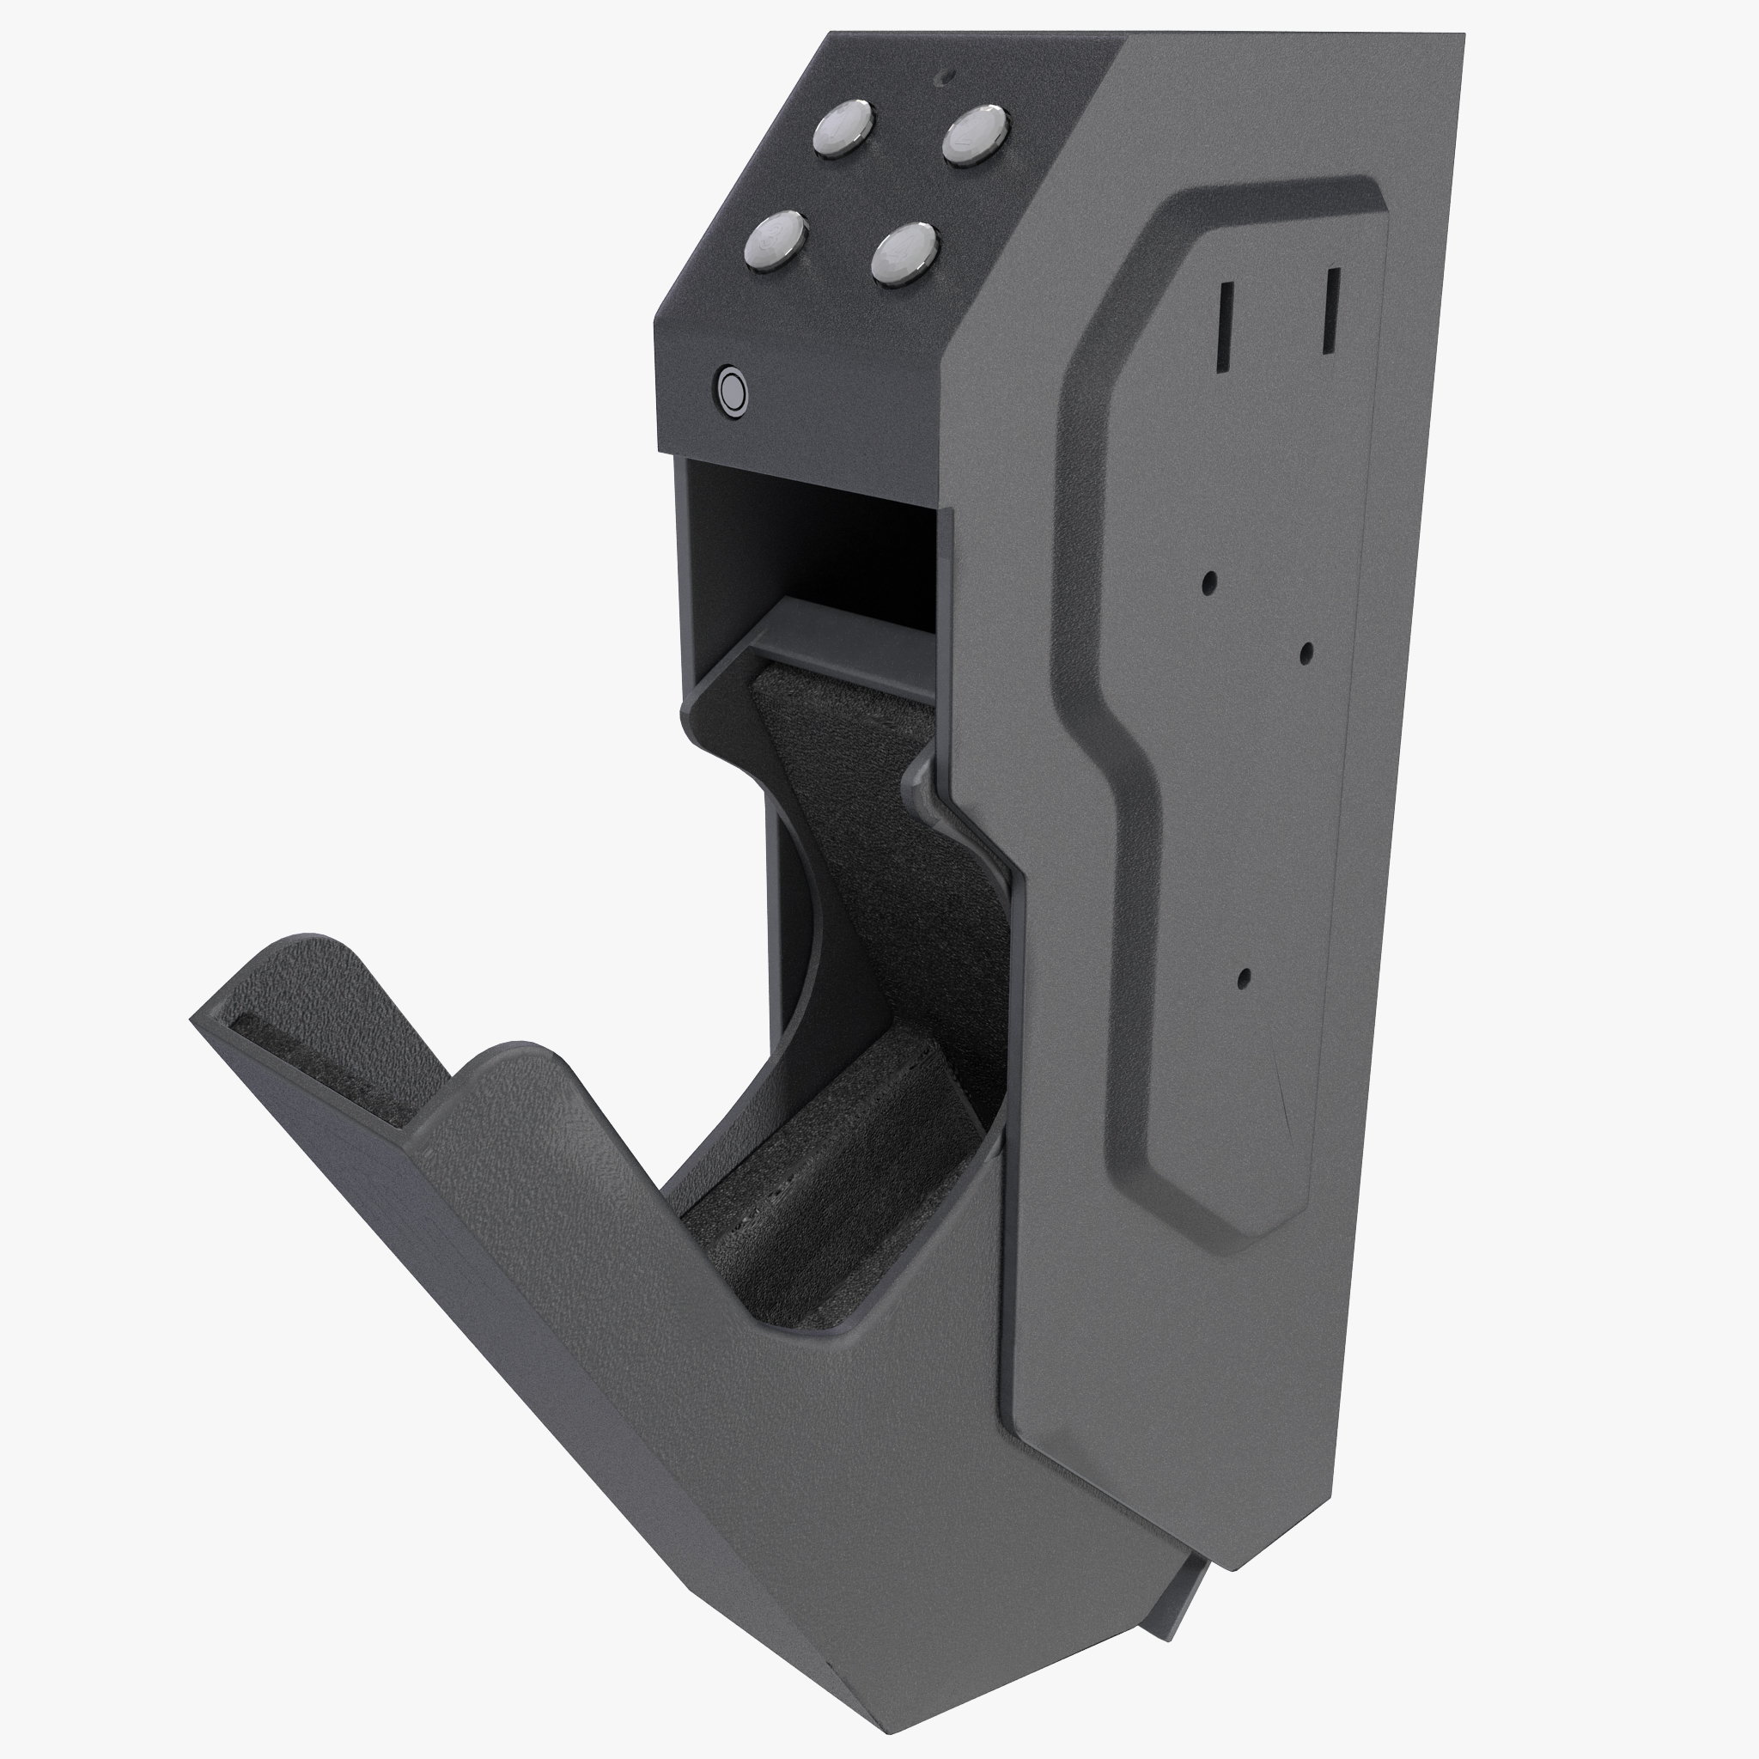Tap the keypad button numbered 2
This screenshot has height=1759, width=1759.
coord(974,134)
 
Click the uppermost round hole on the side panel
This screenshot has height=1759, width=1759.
coord(1210,582)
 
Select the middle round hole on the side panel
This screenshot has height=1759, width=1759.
coord(1306,652)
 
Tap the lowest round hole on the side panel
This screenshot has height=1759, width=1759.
coord(1245,979)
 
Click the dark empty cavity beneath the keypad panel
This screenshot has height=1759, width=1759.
coord(810,537)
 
